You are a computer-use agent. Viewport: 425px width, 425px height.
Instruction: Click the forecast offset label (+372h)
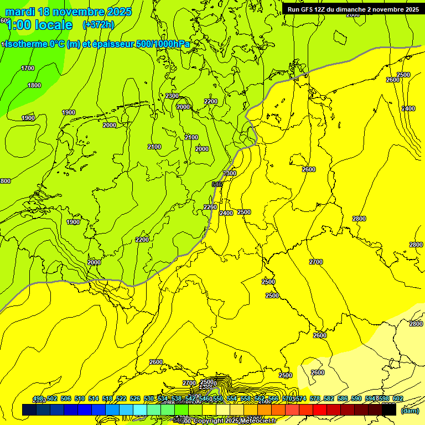[98, 25]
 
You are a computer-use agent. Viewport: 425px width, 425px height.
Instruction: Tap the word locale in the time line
[53, 25]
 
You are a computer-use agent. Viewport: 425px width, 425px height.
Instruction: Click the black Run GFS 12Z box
[353, 9]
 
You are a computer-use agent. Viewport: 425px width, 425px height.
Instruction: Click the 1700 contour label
[28, 68]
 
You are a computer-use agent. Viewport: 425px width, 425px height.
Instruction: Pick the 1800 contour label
[34, 85]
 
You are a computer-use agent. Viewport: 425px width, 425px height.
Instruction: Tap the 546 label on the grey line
[217, 184]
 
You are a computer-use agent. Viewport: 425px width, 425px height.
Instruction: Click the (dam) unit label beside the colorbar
[410, 410]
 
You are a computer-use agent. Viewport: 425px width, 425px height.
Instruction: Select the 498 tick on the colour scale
[38, 399]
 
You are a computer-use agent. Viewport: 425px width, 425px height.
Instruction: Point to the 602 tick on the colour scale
[397, 399]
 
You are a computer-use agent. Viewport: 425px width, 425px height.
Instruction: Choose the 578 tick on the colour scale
[314, 399]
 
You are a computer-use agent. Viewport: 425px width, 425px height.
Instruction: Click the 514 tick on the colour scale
[94, 399]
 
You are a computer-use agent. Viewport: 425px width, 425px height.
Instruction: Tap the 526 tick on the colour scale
[135, 399]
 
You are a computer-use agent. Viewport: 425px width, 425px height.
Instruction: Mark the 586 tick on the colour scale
[342, 399]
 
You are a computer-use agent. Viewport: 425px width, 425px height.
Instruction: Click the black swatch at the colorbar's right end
[389, 410]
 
